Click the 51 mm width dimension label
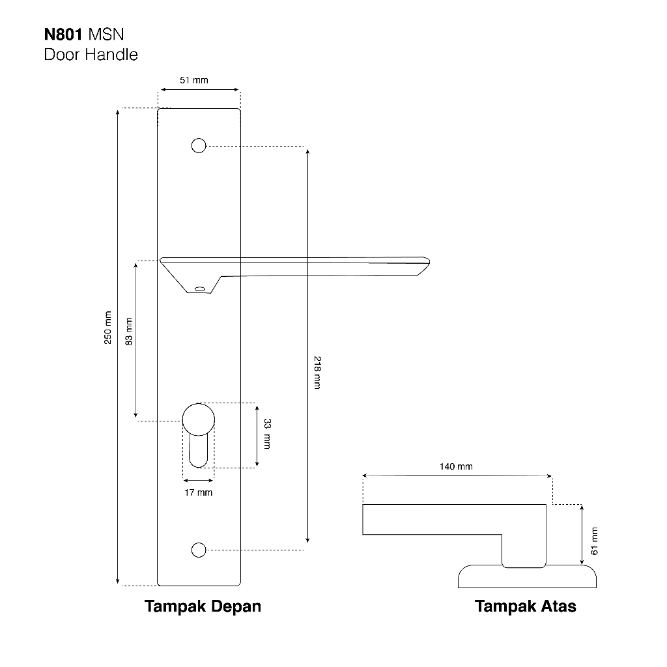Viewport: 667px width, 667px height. tap(194, 80)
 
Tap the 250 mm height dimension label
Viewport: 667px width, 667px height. tap(108, 328)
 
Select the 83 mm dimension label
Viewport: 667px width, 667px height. tap(129, 332)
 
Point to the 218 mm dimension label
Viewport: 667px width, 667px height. tap(317, 373)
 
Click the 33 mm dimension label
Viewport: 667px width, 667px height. tap(267, 434)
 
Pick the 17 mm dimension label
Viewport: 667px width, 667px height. tap(198, 492)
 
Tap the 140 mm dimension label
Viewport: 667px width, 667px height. tap(456, 466)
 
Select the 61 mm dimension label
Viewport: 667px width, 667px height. tap(594, 541)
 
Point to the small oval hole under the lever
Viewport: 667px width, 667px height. tap(200, 289)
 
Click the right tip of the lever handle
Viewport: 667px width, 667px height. tap(430, 262)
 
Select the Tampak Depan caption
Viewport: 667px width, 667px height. tap(203, 606)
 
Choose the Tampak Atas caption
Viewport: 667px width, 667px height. tap(526, 606)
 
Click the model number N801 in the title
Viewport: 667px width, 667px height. tap(63, 35)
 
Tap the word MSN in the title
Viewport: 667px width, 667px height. tap(106, 35)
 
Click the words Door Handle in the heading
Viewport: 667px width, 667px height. tap(91, 55)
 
